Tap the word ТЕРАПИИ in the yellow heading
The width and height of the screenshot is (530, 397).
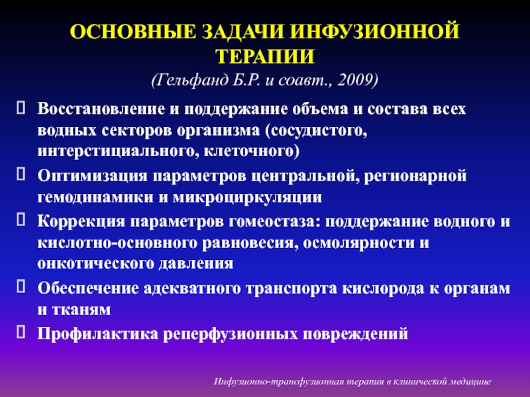(x=266, y=56)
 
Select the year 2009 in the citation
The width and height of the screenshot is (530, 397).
(x=358, y=80)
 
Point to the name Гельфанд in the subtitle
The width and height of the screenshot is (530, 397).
(x=190, y=80)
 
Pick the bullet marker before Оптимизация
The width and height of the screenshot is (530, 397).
(x=21, y=174)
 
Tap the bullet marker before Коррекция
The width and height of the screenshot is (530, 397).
(x=21, y=220)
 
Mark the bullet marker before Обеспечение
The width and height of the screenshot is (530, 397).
(x=21, y=287)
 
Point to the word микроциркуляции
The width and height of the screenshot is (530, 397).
(x=247, y=197)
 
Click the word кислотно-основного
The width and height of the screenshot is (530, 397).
(x=117, y=243)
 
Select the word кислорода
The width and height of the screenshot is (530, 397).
(x=383, y=288)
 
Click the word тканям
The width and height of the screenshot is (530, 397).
(x=81, y=310)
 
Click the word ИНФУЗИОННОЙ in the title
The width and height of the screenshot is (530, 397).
(x=374, y=32)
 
